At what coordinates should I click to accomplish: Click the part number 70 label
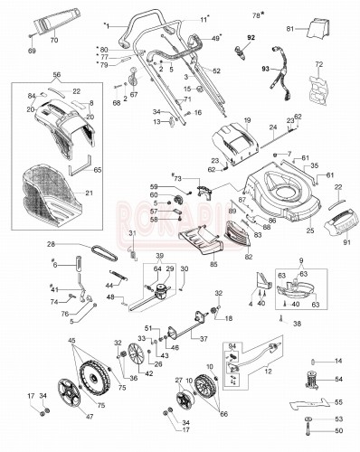tap(53, 42)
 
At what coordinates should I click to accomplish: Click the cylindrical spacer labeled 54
tap(313, 379)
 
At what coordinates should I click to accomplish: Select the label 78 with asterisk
tap(255, 15)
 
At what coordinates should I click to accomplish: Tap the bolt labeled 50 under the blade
tap(313, 436)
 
